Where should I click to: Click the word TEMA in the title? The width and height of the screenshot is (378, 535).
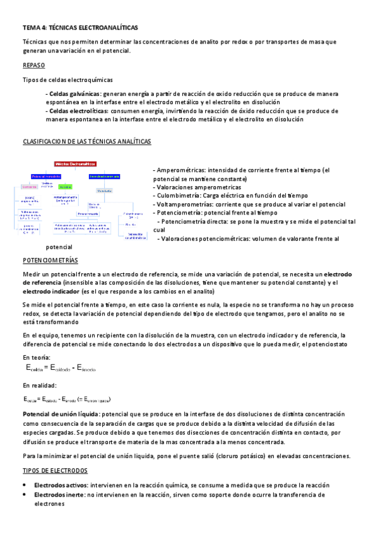(30, 28)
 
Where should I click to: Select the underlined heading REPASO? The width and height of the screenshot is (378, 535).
(33, 65)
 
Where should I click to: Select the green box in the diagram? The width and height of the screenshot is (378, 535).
(66, 187)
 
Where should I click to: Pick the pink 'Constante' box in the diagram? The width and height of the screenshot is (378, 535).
(30, 187)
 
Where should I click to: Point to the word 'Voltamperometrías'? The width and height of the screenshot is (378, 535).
(183, 204)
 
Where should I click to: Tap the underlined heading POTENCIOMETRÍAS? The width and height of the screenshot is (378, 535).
(50, 260)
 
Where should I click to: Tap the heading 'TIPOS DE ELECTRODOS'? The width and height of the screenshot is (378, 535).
(55, 471)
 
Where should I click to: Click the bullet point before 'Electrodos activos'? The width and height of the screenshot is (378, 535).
(24, 485)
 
